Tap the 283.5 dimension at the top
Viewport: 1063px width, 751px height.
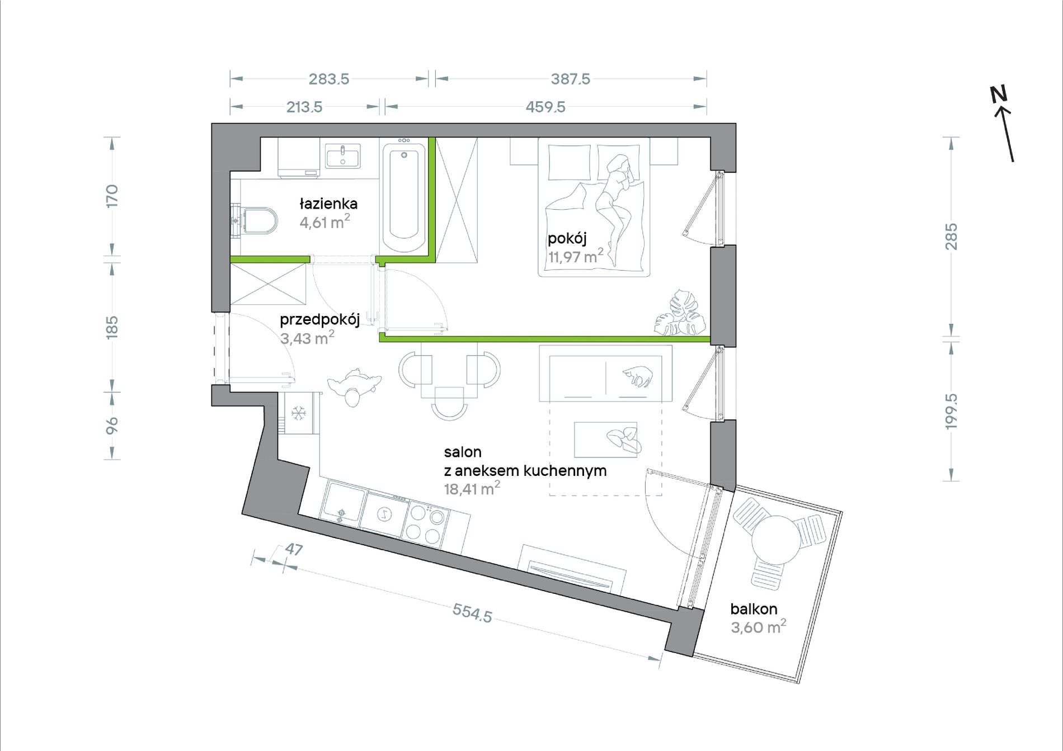pyautogui.click(x=329, y=79)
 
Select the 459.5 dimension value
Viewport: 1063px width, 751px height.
pyautogui.click(x=545, y=107)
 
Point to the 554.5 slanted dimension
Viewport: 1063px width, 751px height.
pyautogui.click(x=472, y=613)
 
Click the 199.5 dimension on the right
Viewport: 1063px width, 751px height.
pyautogui.click(x=952, y=412)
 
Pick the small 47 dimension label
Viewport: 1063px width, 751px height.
pyautogui.click(x=294, y=550)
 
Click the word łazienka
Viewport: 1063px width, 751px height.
pyautogui.click(x=328, y=204)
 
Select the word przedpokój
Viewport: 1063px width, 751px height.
pyautogui.click(x=319, y=320)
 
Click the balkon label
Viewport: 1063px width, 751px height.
pyautogui.click(x=754, y=609)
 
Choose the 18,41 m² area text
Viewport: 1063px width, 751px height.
pyautogui.click(x=472, y=489)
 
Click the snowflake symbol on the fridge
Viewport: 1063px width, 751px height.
pyautogui.click(x=299, y=414)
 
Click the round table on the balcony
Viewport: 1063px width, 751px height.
pyautogui.click(x=776, y=540)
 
